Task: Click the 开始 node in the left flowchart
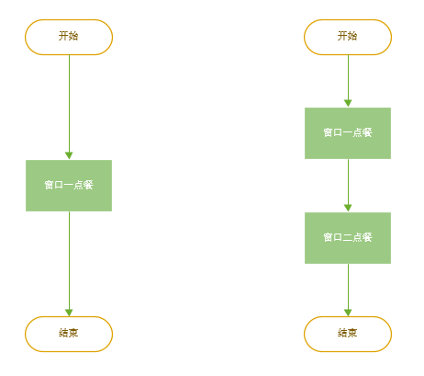click(x=69, y=37)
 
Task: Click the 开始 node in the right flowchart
click(x=348, y=37)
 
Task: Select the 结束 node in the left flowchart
click(x=69, y=334)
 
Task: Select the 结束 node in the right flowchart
click(x=348, y=334)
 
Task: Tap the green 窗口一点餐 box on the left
click(x=69, y=186)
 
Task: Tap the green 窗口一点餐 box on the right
click(x=348, y=133)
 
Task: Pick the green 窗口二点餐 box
click(x=348, y=238)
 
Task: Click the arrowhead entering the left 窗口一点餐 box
click(x=69, y=155)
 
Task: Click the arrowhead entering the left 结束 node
click(x=69, y=312)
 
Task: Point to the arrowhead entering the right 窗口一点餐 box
click(x=348, y=103)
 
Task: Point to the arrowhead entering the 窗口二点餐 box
click(x=348, y=208)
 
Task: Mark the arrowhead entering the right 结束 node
click(x=348, y=312)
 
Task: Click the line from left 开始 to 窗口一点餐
click(x=69, y=101)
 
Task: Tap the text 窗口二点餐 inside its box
click(x=348, y=238)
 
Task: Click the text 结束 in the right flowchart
click(x=348, y=334)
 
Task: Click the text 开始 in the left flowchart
click(x=69, y=37)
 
